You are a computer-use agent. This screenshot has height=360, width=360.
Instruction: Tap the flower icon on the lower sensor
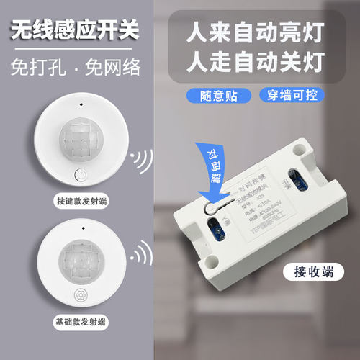point(80,294)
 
